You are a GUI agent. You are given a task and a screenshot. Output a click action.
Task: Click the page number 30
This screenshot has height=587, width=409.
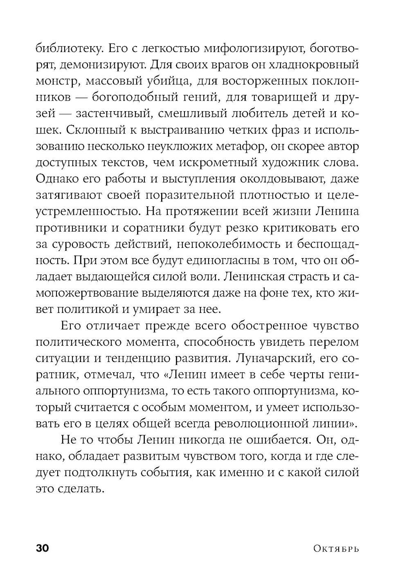43,548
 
